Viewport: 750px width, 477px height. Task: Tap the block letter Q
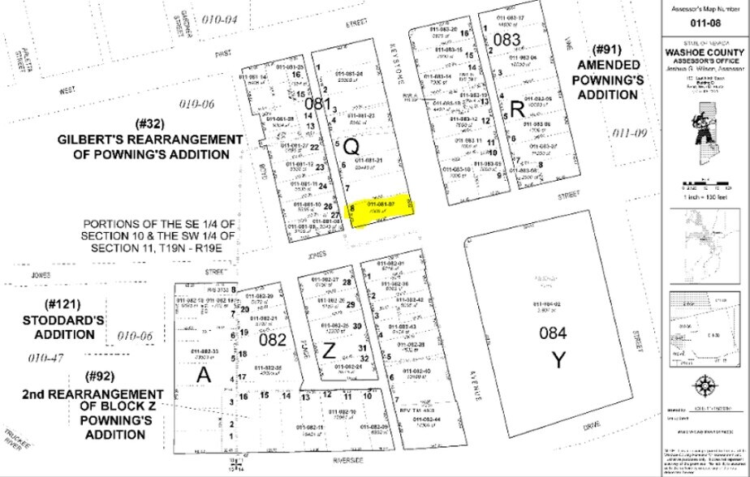coord(351,147)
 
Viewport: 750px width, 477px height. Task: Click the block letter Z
coord(329,350)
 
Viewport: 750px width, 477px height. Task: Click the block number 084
coord(556,333)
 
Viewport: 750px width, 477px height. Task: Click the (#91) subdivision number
coord(606,51)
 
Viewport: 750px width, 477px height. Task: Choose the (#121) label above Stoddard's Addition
coord(64,304)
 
